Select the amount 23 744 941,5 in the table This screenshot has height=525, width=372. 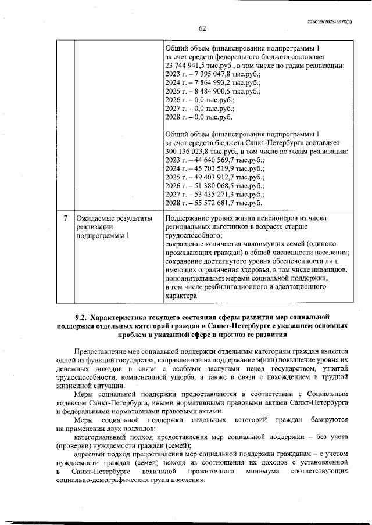pos(188,66)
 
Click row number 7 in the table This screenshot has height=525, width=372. pos(66,218)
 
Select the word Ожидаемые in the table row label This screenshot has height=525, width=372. pos(96,218)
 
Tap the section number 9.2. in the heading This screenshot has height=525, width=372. pos(81,317)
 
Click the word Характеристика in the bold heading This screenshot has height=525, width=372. pos(125,317)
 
